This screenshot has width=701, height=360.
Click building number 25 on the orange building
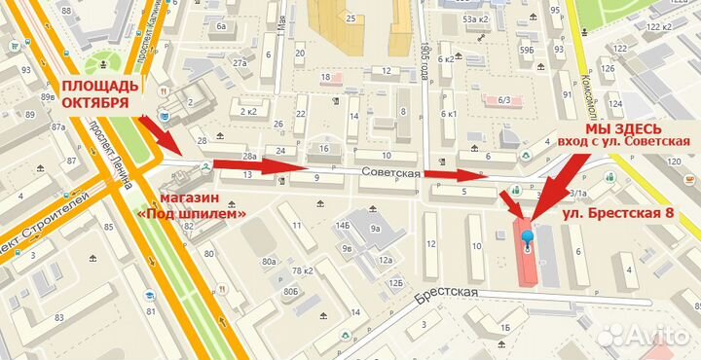pyautogui.click(x=349, y=18)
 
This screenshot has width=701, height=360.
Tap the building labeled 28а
pyautogui.click(x=249, y=157)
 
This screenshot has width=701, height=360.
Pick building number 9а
pyautogui.click(x=375, y=230)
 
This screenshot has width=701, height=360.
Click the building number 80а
pyautogui.click(x=268, y=261)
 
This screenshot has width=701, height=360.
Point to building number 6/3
pyautogui.click(x=504, y=99)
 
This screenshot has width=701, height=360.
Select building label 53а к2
pyautogui.click(x=475, y=18)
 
